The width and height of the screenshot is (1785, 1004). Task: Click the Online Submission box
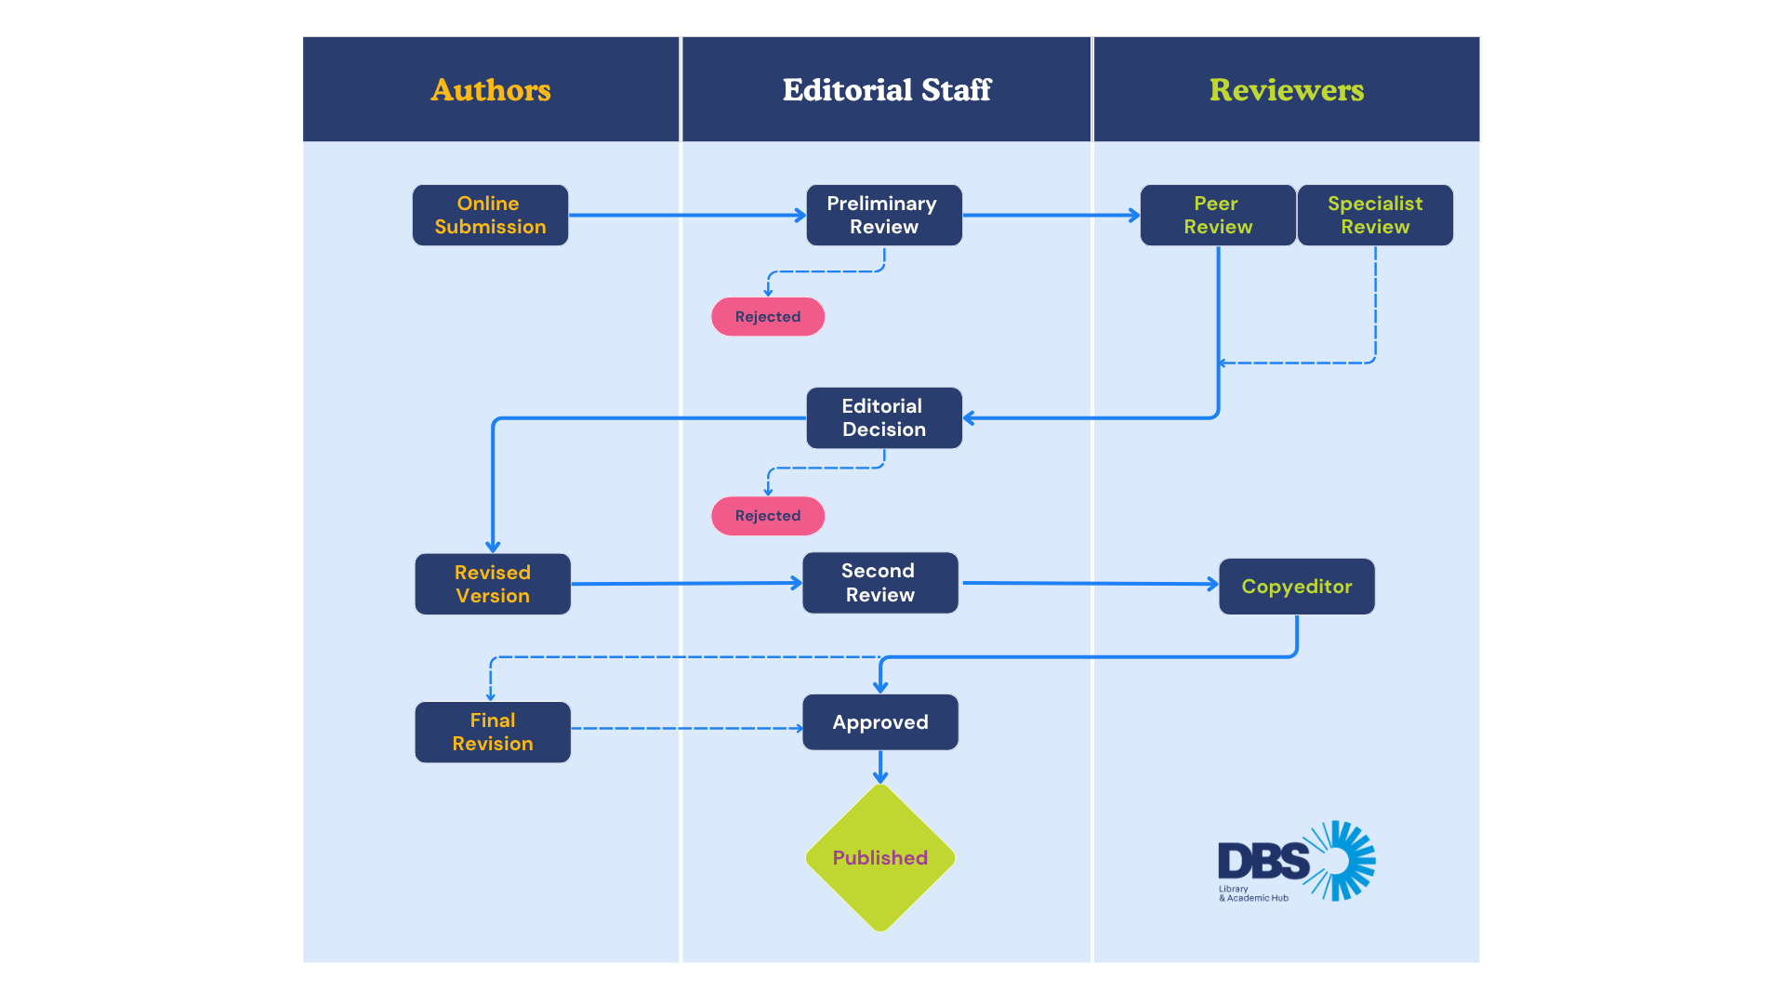point(490,215)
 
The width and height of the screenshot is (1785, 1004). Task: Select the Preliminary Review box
point(883,215)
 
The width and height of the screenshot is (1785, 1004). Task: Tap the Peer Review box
point(1217,215)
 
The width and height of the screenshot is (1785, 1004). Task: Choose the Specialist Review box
point(1375,215)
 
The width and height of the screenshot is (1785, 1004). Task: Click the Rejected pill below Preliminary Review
point(767,317)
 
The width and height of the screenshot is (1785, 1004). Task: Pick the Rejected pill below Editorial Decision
point(767,516)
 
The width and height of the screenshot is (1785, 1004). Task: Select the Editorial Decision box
point(883,417)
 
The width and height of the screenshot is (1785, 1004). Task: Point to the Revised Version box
point(493,584)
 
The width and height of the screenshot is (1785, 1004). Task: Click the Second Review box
point(879,583)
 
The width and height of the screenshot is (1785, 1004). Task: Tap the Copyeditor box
point(1296,587)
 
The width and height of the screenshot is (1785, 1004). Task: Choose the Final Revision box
point(493,732)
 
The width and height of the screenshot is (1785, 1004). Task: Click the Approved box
point(879,722)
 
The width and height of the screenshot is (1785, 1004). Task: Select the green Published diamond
point(879,858)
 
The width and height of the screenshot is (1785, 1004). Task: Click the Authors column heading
point(491,90)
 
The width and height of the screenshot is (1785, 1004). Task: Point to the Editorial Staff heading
point(886,90)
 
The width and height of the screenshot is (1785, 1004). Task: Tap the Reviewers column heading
point(1286,90)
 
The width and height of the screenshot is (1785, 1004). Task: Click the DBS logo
point(1296,861)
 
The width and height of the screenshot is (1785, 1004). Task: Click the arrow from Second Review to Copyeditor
point(1088,584)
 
